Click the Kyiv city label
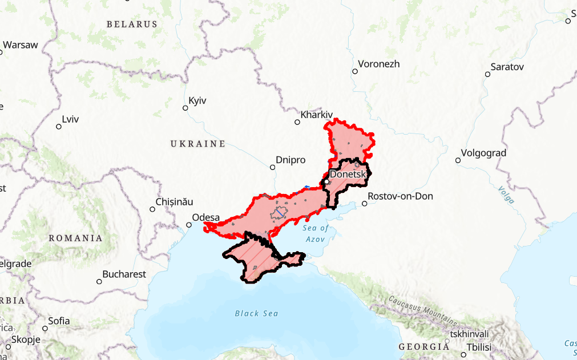[x=197, y=100]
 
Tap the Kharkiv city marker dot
[x=297, y=122]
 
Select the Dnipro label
[x=290, y=160]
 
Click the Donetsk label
[x=348, y=174]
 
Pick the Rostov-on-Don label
[x=401, y=196]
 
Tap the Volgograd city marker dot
[x=458, y=160]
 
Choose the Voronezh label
[x=379, y=64]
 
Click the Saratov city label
[x=507, y=67]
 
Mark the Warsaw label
[x=21, y=45]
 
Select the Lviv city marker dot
[x=58, y=127]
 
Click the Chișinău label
[x=175, y=202]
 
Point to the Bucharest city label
[x=124, y=274]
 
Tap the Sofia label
[x=59, y=321]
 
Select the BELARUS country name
[x=132, y=25]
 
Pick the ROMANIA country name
[x=75, y=238]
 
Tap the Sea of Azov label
[x=316, y=233]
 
